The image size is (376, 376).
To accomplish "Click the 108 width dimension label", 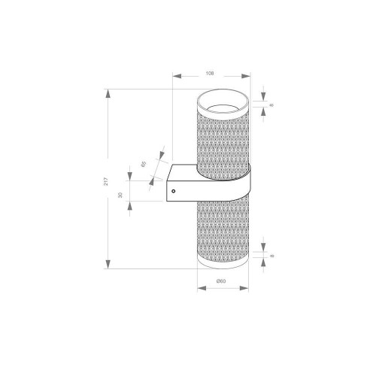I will coord(210,73).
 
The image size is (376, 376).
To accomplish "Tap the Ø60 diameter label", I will coord(221,281).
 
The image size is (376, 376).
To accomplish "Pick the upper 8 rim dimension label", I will coord(271,104).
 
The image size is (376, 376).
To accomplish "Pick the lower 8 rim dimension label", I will coord(271,256).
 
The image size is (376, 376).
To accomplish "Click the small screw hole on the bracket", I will coord(174,192).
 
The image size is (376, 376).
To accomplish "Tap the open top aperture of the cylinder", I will coord(223,105).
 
